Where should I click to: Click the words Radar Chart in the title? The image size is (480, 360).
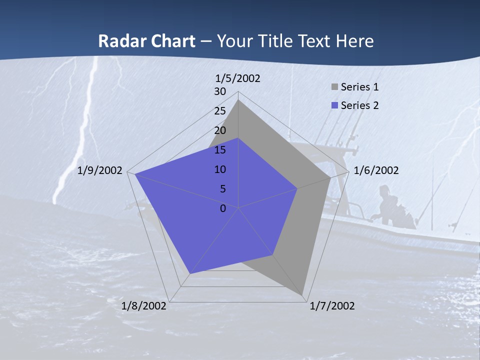click(146, 41)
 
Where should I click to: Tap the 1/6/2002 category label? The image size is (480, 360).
click(376, 170)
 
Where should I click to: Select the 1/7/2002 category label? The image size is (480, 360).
click(332, 306)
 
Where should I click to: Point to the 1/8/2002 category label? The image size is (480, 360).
click(144, 306)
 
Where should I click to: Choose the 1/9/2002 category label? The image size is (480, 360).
click(100, 170)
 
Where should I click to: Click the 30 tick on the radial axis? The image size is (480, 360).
click(220, 91)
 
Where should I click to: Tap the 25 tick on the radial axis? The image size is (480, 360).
click(220, 111)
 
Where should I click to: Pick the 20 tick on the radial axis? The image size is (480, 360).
click(220, 130)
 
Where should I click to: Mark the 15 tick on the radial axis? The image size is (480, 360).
click(220, 150)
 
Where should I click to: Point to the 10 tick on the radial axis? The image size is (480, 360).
click(220, 169)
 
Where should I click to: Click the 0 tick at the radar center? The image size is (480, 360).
click(223, 208)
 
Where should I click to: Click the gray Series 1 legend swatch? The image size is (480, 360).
click(334, 87)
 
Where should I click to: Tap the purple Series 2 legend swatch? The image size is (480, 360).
click(334, 105)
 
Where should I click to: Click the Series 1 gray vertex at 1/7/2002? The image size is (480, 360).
click(302, 295)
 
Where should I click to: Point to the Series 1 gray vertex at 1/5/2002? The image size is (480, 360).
click(238, 100)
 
